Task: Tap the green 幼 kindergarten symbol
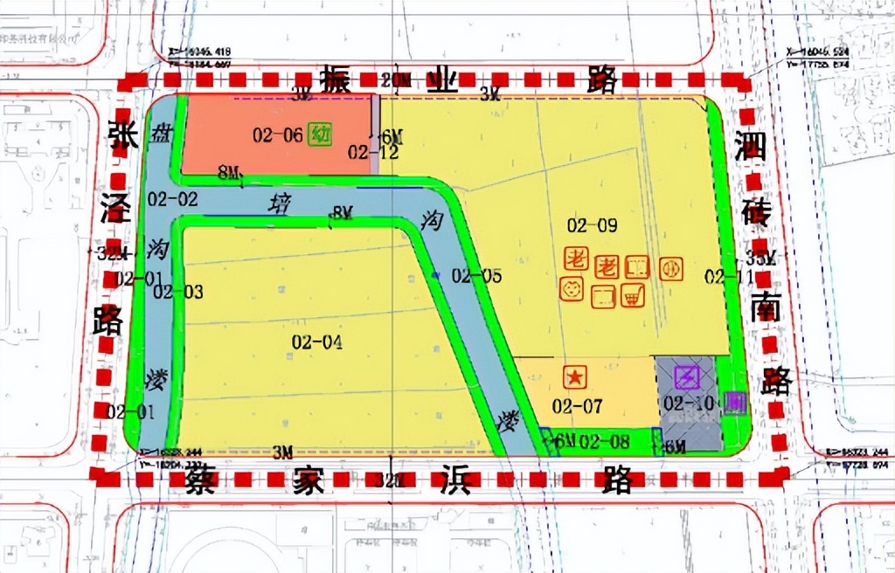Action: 321,135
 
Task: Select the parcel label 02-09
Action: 592,225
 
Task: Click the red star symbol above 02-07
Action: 575,377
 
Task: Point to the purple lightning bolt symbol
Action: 687,377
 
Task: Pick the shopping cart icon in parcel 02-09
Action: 630,298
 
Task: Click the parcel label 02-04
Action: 316,342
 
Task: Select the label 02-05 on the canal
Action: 476,277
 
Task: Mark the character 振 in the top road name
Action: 334,80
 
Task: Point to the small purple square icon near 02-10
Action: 734,403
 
